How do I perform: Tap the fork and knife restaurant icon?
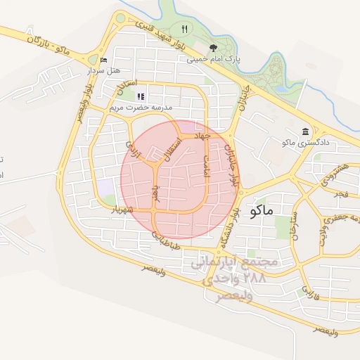coord(184,29)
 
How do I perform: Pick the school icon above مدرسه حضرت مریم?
coord(141,96)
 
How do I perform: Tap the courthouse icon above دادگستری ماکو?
coord(305,131)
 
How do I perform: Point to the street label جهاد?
coord(204,134)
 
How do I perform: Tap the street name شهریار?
coord(122,210)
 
